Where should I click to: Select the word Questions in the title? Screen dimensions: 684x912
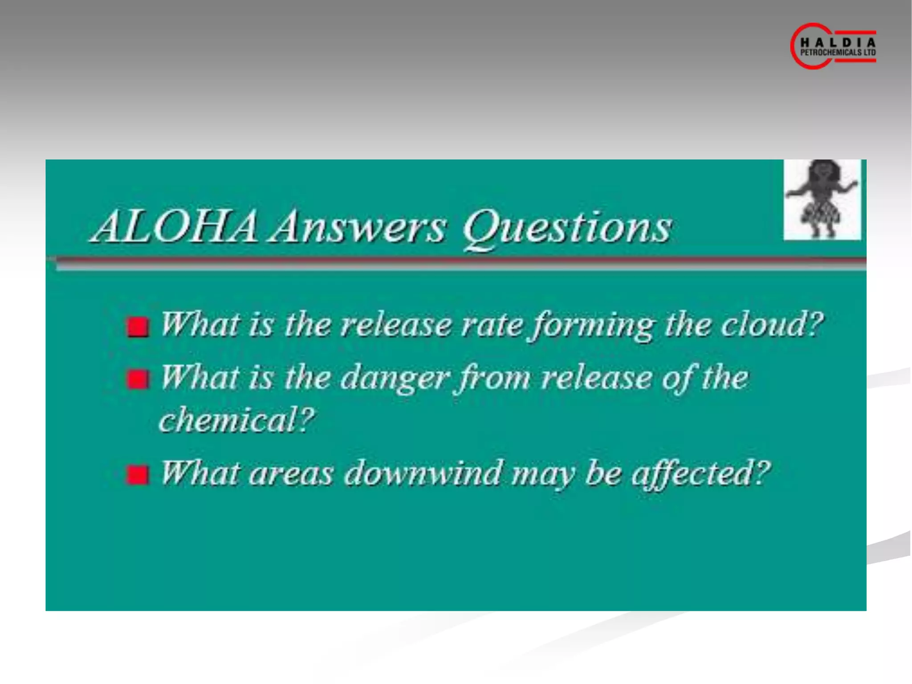(567, 228)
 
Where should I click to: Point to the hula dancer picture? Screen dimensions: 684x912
(822, 199)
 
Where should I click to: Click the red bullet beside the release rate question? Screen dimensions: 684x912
(137, 327)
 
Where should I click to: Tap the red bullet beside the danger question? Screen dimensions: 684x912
(137, 380)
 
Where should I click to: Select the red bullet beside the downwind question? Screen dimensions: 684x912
(137, 475)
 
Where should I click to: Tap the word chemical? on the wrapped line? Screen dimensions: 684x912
(236, 419)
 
